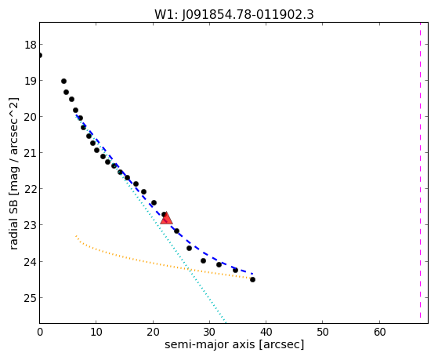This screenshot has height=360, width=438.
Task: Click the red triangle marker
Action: click(x=166, y=218)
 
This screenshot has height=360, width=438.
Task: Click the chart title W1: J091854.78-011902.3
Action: click(x=234, y=15)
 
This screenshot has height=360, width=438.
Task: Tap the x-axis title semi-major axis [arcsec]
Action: click(x=234, y=344)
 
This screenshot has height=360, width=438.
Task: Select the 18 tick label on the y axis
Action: click(x=30, y=45)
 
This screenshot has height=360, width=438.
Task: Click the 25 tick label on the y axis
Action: click(x=30, y=298)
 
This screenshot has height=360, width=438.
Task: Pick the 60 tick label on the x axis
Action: click(x=379, y=332)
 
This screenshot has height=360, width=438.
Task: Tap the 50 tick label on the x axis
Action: click(x=322, y=332)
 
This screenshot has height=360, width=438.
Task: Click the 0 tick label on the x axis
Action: click(x=40, y=332)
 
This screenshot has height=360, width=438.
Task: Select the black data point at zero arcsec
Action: click(x=40, y=56)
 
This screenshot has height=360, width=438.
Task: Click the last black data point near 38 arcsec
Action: click(x=252, y=279)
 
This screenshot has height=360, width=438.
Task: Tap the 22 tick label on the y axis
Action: click(x=30, y=189)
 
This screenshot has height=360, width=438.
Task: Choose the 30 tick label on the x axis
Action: click(x=209, y=332)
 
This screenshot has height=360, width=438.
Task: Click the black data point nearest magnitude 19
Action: click(x=63, y=81)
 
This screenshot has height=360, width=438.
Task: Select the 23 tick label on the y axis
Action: click(x=30, y=225)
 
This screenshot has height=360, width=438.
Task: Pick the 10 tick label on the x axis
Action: click(x=96, y=332)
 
